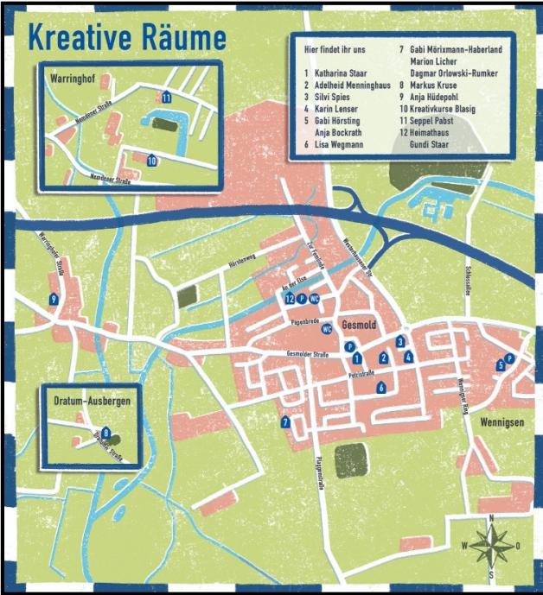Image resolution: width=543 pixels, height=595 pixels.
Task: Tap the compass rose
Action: [491, 545]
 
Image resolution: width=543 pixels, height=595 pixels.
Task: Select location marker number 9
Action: [54, 300]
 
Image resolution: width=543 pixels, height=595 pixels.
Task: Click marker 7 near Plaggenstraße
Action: [284, 422]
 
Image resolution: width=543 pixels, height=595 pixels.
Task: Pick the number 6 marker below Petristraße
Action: [381, 389]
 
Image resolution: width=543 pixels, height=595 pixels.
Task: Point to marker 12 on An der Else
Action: [289, 299]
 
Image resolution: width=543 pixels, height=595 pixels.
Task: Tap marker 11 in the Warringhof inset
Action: [165, 98]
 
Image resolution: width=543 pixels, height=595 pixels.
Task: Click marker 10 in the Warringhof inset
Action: [151, 161]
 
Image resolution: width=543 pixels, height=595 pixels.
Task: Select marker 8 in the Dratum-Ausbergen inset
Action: [105, 434]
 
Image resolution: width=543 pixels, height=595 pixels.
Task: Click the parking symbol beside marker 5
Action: [509, 358]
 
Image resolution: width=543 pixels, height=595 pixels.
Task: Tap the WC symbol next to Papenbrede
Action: [327, 329]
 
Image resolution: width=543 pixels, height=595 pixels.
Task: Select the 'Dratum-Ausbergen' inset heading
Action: [91, 401]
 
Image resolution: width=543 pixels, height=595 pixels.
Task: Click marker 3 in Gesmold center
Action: [399, 342]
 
